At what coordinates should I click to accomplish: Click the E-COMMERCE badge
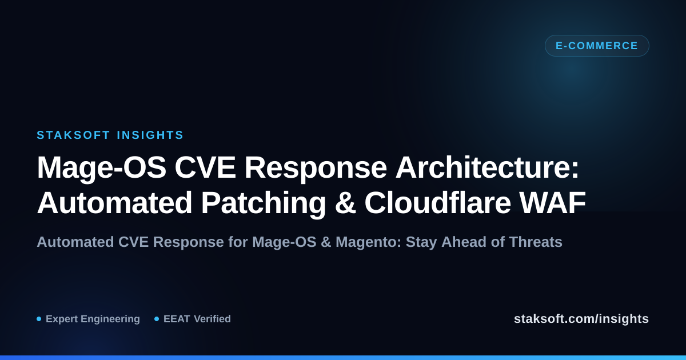pos(597,46)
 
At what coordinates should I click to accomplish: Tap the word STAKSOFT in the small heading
pos(74,135)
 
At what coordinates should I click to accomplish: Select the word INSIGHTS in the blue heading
pos(150,135)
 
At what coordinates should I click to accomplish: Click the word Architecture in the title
pos(487,167)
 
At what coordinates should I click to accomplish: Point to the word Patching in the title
pos(264,203)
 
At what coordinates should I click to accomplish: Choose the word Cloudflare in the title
pos(437,203)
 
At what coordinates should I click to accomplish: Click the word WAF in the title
pos(552,203)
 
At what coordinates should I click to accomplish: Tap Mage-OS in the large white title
pos(101,167)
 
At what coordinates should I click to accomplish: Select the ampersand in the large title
pos(345,203)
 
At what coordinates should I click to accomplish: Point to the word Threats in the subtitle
pos(536,242)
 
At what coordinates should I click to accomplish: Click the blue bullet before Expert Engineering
pos(39,319)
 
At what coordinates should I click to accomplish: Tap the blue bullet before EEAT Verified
pos(157,319)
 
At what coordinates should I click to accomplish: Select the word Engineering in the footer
pos(110,319)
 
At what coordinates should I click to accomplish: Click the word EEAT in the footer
pos(177,319)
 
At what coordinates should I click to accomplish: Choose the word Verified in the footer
pos(212,319)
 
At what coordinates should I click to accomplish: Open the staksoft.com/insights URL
pos(581,319)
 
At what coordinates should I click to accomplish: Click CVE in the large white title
pos(205,167)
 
